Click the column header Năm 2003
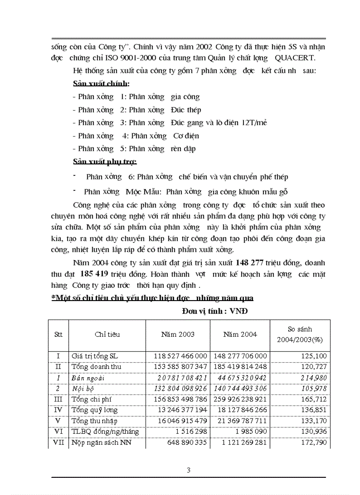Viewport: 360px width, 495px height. [x=178, y=335]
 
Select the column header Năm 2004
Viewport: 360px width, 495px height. [x=240, y=335]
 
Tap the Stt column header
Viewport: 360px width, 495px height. [x=58, y=335]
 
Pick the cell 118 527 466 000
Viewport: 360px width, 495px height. [x=180, y=356]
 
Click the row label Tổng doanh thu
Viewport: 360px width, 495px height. [x=97, y=367]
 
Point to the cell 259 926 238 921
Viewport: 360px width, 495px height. [x=240, y=399]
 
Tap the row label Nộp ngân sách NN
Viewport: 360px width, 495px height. [x=101, y=443]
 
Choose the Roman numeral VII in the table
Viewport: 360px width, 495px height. [x=58, y=443]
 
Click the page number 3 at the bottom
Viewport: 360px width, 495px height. [x=188, y=470]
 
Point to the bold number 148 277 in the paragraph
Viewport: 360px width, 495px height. [x=249, y=262]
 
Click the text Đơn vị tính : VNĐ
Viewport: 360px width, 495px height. [x=215, y=311]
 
